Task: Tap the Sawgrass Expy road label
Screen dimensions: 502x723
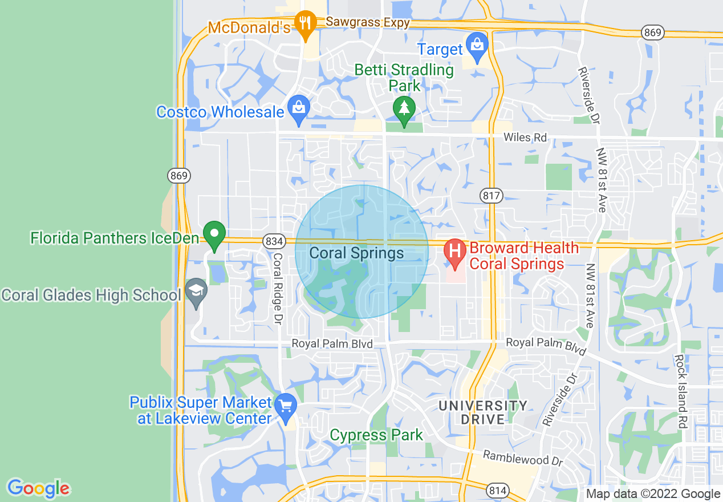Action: pos(368,23)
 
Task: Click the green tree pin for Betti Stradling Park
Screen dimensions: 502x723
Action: pos(404,108)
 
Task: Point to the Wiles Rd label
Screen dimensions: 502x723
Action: pos(525,137)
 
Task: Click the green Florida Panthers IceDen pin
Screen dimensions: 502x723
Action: pos(214,235)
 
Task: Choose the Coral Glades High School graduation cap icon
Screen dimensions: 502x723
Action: pos(196,291)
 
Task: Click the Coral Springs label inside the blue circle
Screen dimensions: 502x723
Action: pos(356,253)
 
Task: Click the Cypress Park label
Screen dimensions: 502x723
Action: pos(376,435)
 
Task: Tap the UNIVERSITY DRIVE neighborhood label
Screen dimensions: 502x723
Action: pos(483,412)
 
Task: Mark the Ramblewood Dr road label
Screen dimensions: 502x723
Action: pos(523,458)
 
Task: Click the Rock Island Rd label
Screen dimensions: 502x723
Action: pos(680,391)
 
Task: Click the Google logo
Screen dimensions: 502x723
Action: pos(38,488)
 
